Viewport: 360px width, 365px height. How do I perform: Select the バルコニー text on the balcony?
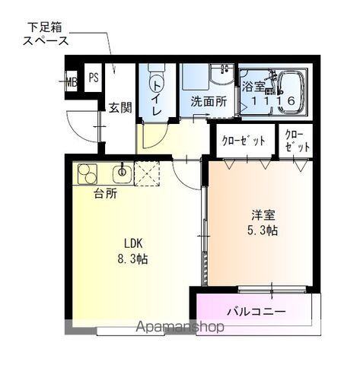click(x=256, y=312)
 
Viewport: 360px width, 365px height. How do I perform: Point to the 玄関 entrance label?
click(x=119, y=107)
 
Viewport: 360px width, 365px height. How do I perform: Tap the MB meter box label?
click(x=72, y=81)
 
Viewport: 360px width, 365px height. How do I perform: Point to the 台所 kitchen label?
click(x=106, y=194)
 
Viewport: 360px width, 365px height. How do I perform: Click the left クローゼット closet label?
click(x=244, y=141)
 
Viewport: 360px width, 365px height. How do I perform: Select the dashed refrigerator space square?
click(x=145, y=174)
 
